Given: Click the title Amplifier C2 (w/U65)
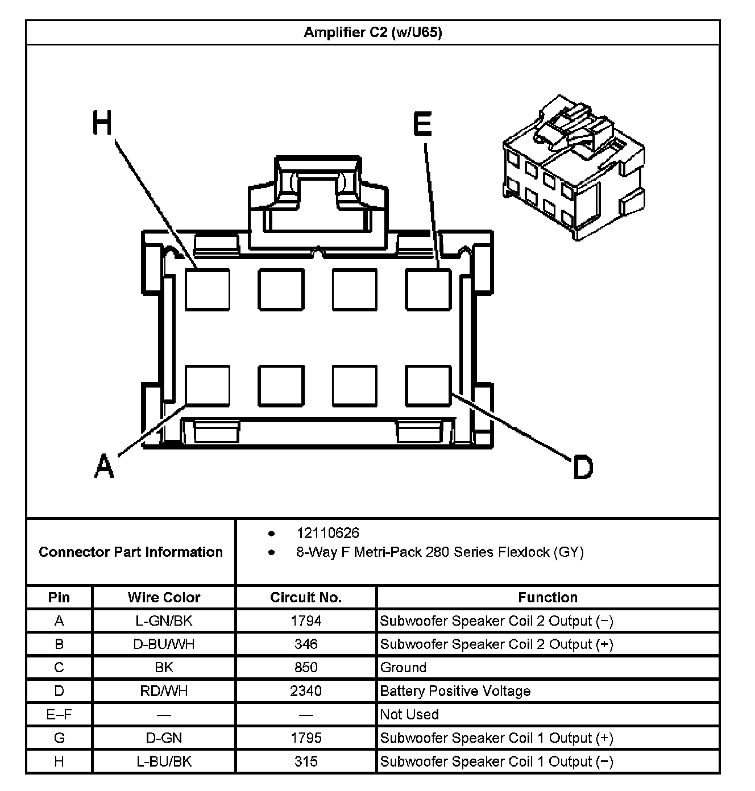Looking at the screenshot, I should [x=372, y=32].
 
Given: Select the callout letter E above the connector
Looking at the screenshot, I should [x=422, y=124].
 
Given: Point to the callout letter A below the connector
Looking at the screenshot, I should [x=104, y=466].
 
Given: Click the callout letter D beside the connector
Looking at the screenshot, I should [x=583, y=468].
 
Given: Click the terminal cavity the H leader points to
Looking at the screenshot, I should [x=208, y=290].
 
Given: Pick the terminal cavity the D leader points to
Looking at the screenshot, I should [x=428, y=386].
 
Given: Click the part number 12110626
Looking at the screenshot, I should [x=327, y=533].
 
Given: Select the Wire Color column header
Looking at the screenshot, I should [x=164, y=597].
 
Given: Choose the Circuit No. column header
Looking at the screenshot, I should [x=306, y=597].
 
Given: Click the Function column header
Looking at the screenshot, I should [x=547, y=597].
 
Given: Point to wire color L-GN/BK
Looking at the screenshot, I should [x=164, y=621].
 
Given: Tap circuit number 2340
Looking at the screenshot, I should [x=306, y=691].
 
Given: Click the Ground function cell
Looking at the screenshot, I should [x=403, y=668].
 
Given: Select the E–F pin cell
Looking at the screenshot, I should [x=59, y=714].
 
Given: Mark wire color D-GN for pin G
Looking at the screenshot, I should [x=164, y=738].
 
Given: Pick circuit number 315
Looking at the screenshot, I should [x=306, y=761].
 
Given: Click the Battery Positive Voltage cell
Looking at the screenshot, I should [x=455, y=691].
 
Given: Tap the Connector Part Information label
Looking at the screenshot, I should [x=131, y=552].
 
